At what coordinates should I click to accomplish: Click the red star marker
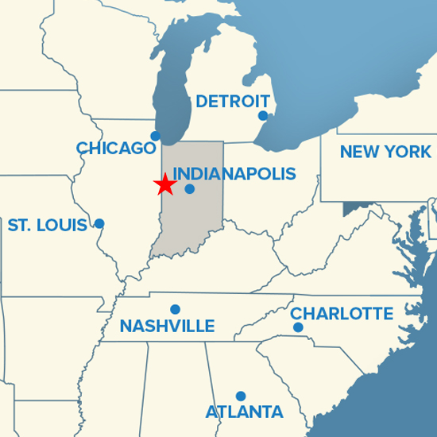click(164, 184)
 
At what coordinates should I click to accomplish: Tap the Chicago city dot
click(155, 136)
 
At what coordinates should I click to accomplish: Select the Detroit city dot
click(263, 116)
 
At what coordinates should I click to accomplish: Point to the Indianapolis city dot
click(189, 189)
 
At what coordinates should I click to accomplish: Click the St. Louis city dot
click(99, 223)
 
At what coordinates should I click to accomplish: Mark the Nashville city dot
click(175, 309)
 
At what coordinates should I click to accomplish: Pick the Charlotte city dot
click(298, 327)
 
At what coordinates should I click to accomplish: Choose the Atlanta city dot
click(241, 396)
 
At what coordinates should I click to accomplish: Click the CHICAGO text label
click(116, 148)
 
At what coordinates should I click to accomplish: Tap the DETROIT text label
click(233, 102)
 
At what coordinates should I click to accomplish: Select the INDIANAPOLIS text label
click(234, 173)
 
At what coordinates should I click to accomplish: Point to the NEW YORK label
click(385, 152)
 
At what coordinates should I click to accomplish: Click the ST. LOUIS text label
click(48, 226)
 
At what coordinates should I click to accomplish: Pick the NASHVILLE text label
click(167, 326)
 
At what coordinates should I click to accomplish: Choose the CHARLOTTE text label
click(342, 314)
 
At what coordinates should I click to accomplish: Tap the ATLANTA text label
click(244, 412)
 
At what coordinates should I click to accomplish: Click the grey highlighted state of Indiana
click(191, 222)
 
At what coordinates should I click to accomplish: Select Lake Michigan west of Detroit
click(172, 87)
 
